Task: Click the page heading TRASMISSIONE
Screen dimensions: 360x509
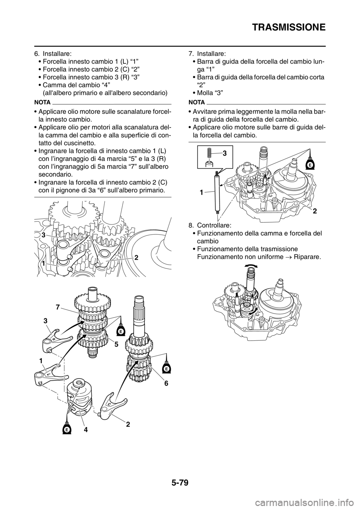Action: pyautogui.click(x=289, y=27)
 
